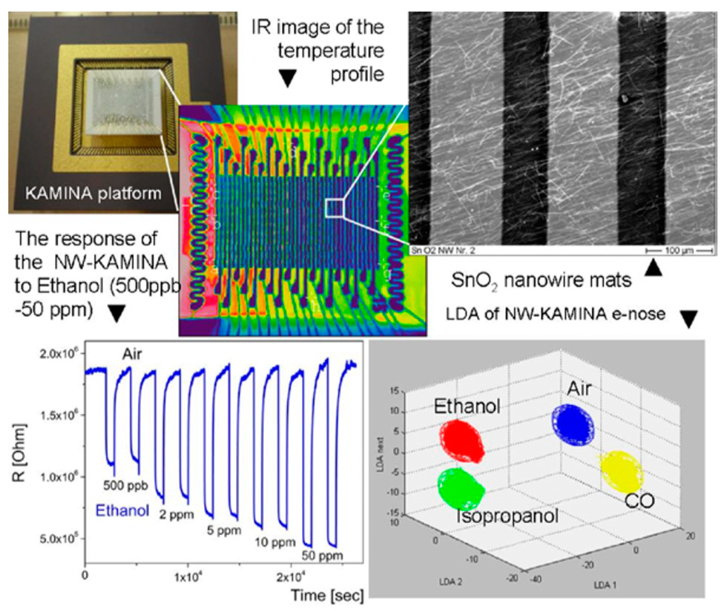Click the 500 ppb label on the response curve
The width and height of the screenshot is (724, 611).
pyautogui.click(x=125, y=486)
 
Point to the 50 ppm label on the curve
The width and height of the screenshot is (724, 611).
pyautogui.click(x=322, y=556)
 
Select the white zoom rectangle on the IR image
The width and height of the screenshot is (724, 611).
pyautogui.click(x=335, y=208)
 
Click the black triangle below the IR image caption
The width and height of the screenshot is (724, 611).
pyautogui.click(x=287, y=78)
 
